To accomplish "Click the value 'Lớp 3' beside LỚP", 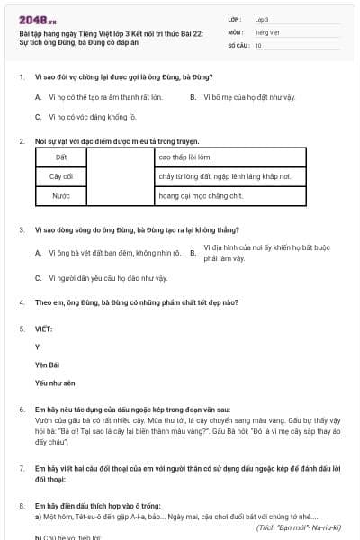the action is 262,18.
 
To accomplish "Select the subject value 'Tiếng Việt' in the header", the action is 265,31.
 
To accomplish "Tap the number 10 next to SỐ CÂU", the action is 259,44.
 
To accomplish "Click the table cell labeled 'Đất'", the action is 61,157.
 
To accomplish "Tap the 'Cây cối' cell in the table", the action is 61,176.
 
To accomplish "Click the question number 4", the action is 22,303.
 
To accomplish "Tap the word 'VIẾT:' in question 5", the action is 44,329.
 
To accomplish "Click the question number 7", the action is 22,469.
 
